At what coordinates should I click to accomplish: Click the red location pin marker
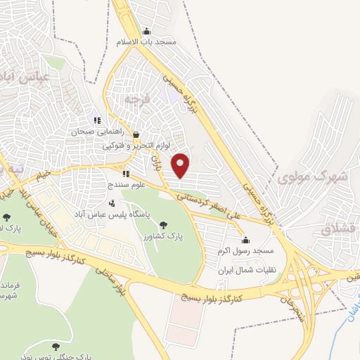(x=181, y=165)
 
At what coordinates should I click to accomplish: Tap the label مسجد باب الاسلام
(x=146, y=41)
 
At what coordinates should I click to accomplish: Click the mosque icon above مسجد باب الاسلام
(x=146, y=31)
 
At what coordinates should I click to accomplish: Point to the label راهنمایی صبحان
(x=96, y=131)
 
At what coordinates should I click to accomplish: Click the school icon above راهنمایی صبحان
(x=97, y=120)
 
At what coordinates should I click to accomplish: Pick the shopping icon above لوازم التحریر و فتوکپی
(x=136, y=134)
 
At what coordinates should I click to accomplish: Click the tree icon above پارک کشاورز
(x=163, y=225)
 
